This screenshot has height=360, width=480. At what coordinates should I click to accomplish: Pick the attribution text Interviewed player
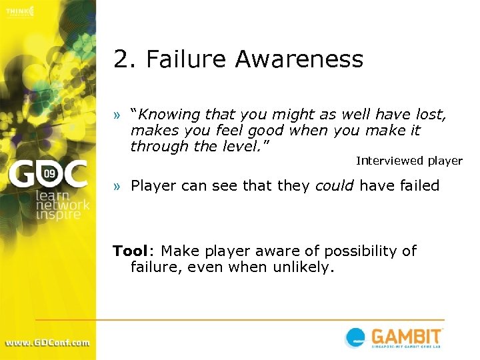point(409,161)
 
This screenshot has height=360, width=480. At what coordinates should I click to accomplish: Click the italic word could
point(335,185)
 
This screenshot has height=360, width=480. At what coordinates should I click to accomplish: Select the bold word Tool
point(129,251)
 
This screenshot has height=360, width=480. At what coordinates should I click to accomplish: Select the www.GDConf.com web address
point(47,343)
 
